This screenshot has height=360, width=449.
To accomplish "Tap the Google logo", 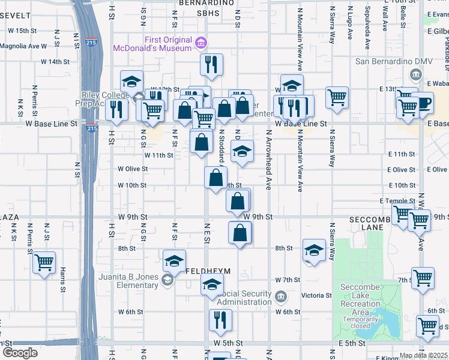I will [x=20, y=353].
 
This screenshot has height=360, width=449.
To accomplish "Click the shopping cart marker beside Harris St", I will [x=44, y=262].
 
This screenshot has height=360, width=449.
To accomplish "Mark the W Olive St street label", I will [x=133, y=169].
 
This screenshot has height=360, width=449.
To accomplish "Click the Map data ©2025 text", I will [x=424, y=356].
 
